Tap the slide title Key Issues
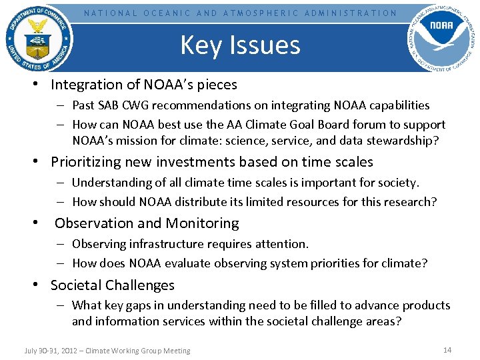[240, 45]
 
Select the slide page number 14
[447, 350]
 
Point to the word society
[397, 183]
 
